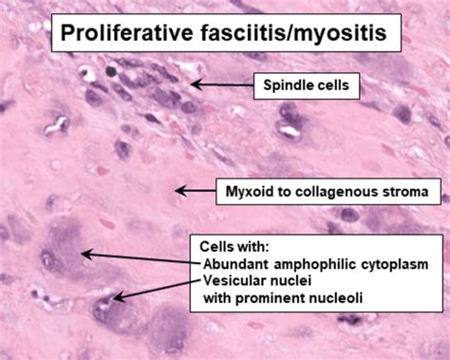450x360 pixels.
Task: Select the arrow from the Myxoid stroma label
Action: [x=195, y=192]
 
